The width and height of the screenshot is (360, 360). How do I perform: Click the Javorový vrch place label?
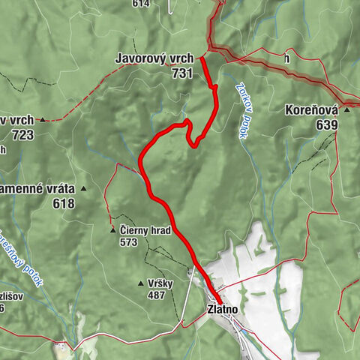coord(154,58)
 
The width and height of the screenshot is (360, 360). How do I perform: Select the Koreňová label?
coord(307,109)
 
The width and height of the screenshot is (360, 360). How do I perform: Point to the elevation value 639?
coord(326,124)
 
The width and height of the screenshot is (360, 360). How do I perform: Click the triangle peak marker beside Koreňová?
coord(346,109)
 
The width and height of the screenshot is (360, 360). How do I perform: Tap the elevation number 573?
coord(130,242)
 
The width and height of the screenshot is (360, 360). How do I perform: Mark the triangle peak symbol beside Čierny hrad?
coord(112,229)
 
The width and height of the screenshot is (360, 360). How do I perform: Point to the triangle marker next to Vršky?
coord(141,283)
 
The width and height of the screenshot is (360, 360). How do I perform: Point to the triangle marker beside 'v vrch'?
coord(43,119)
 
